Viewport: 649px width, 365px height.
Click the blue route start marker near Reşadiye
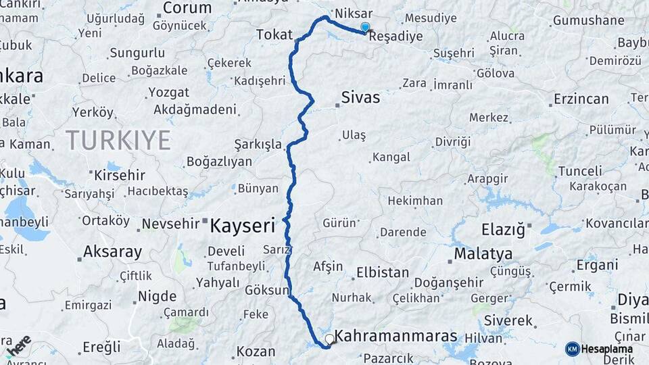(365, 28)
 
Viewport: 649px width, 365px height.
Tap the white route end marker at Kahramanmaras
(329, 338)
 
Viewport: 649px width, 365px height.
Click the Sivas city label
(360, 97)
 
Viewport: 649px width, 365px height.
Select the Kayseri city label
(242, 225)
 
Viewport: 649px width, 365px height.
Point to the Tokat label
(274, 34)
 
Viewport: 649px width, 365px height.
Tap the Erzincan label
(581, 99)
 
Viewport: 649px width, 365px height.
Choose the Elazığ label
(503, 230)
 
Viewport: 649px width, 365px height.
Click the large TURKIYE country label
(118, 140)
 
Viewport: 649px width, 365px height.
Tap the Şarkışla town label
(258, 144)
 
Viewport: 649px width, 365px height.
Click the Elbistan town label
(382, 273)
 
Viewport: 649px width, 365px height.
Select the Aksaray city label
(112, 252)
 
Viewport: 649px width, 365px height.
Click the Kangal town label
(391, 157)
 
